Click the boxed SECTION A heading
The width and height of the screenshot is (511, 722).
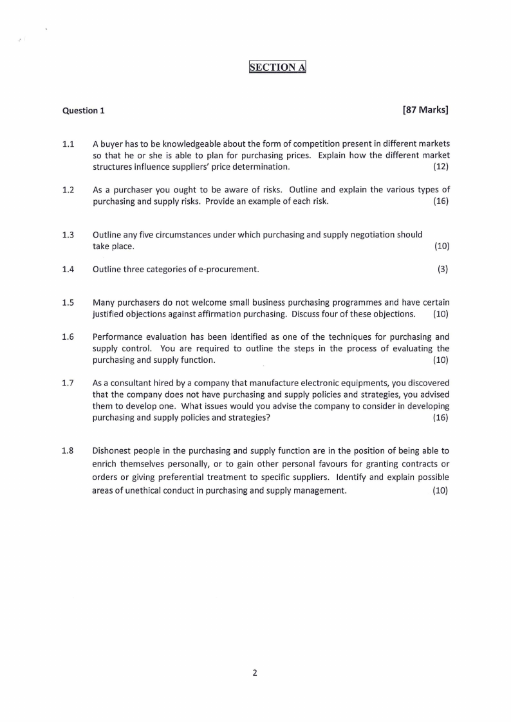click(277, 67)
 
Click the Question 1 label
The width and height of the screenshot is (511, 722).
click(83, 110)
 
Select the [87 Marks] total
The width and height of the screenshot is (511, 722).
click(425, 109)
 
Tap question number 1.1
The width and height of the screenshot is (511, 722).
click(68, 143)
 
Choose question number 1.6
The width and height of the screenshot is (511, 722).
click(68, 337)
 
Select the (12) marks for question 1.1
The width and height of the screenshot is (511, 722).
click(441, 167)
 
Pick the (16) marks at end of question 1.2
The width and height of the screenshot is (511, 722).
click(441, 201)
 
